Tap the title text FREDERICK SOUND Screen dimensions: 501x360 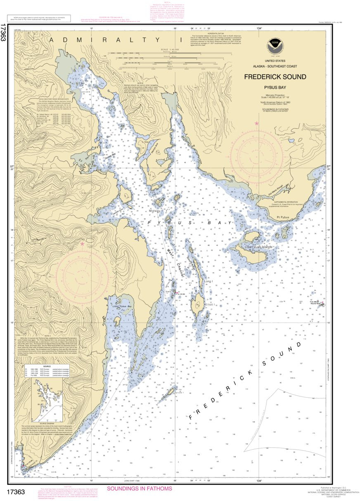point(275,77)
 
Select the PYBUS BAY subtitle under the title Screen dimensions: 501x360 point(275,87)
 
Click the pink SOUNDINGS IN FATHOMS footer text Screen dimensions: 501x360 point(139,489)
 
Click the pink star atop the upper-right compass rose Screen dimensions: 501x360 point(257,123)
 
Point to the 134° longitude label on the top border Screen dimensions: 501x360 point(259,28)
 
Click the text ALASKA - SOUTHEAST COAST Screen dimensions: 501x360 point(275,66)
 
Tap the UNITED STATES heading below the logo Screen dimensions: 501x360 point(275,61)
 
